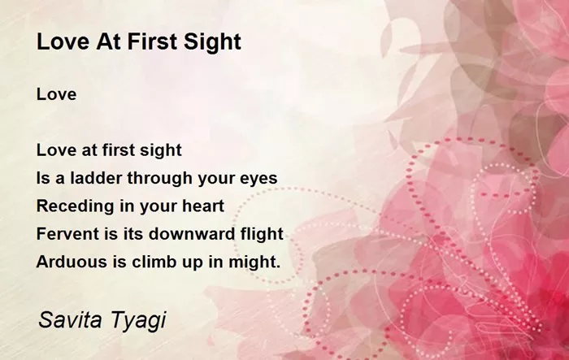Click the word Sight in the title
click(212, 42)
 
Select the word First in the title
click(152, 41)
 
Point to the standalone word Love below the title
click(56, 94)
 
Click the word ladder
click(95, 178)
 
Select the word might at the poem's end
click(252, 262)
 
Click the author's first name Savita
click(70, 319)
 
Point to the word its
click(133, 234)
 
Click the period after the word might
click(278, 267)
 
